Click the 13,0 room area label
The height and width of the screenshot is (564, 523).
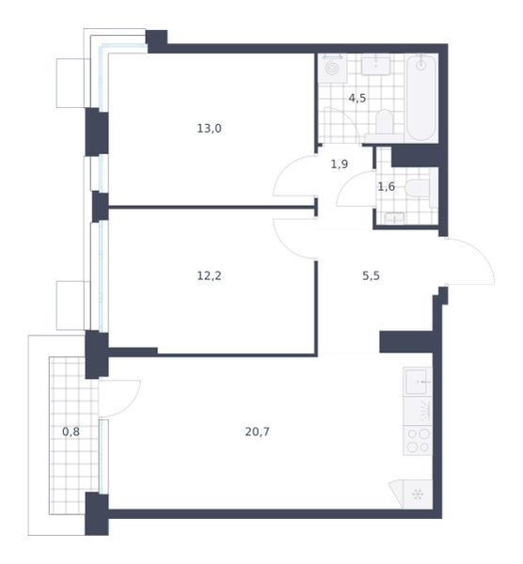click(x=209, y=129)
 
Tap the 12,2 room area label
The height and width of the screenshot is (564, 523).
click(x=209, y=275)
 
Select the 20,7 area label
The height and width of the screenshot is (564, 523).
click(x=257, y=431)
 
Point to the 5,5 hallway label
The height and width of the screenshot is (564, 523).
click(x=371, y=275)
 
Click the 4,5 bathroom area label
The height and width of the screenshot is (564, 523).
click(x=357, y=98)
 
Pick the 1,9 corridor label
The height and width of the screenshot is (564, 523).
click(x=339, y=164)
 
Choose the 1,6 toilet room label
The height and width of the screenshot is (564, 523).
click(x=386, y=187)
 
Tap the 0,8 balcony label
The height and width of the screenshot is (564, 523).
click(x=71, y=431)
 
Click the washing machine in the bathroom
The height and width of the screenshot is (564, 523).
click(x=332, y=69)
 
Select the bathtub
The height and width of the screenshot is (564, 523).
click(x=421, y=98)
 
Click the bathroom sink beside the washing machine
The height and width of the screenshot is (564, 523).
click(x=375, y=65)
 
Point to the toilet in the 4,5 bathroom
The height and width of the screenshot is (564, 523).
click(x=384, y=125)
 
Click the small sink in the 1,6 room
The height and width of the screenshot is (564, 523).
click(x=394, y=218)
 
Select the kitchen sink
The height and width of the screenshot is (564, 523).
click(x=418, y=382)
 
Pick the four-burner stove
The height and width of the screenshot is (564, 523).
click(x=418, y=440)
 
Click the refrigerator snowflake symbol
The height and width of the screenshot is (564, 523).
click(x=418, y=494)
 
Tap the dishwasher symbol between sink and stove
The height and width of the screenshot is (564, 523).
click(x=418, y=411)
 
